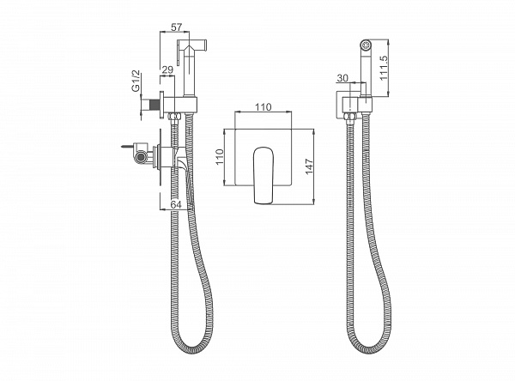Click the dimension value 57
point(176,27)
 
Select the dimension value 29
point(167,70)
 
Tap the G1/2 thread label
point(136,81)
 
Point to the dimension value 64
point(176,204)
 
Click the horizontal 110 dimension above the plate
point(264,106)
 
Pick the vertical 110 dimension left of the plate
point(220,157)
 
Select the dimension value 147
point(309,166)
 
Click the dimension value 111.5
point(384,68)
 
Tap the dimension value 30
point(342,78)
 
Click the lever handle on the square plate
point(264,175)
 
